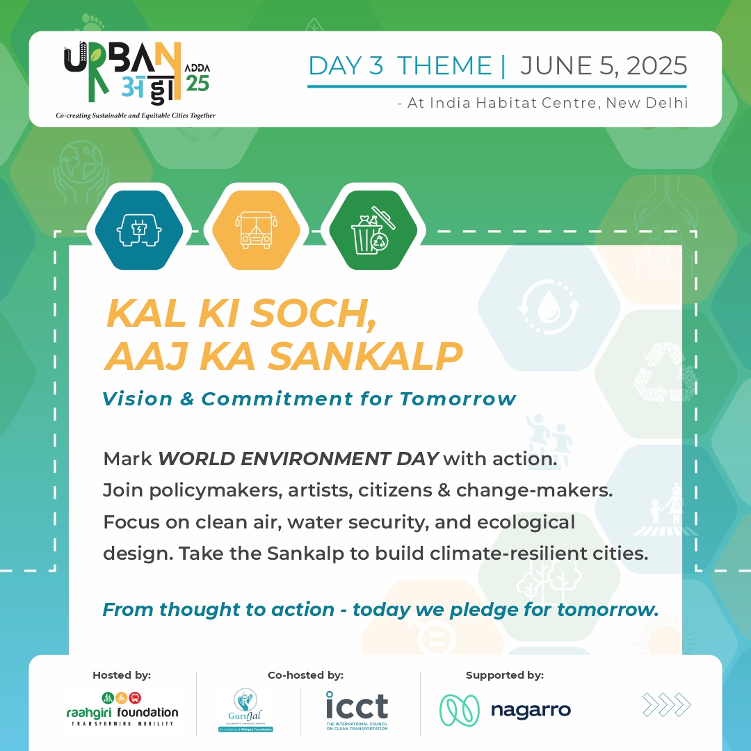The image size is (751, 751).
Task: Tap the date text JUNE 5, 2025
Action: coord(604,66)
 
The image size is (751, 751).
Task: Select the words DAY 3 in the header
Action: coord(346,66)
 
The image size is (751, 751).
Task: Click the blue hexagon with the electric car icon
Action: coord(139,229)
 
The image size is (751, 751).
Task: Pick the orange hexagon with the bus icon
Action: coord(256,229)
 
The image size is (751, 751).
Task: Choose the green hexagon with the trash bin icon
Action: coord(373,229)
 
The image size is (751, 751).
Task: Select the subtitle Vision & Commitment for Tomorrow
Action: coord(309,399)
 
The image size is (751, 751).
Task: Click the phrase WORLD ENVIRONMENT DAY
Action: coord(298,459)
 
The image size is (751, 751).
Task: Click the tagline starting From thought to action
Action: coord(380,610)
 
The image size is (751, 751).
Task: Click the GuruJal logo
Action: coord(245,709)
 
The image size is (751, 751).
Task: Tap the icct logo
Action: coord(357,709)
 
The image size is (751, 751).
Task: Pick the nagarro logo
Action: coord(506,709)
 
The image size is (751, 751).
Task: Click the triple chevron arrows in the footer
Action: coord(666,706)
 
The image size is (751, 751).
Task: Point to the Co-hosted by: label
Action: coord(305,675)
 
